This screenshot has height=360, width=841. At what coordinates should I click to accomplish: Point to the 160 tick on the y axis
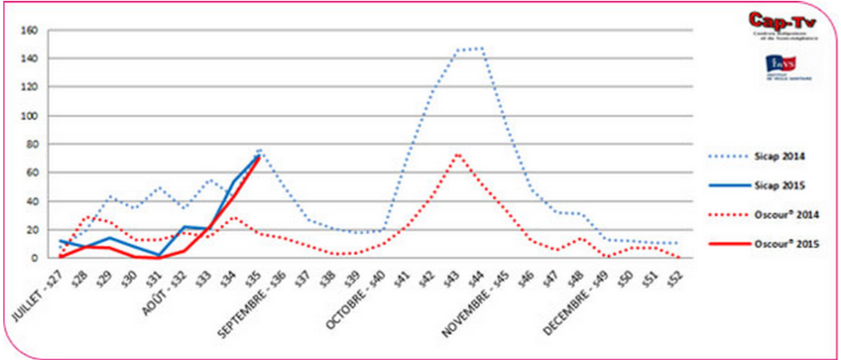(30, 31)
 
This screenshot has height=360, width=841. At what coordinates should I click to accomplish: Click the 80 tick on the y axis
(32, 145)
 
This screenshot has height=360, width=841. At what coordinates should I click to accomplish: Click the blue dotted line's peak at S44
(482, 48)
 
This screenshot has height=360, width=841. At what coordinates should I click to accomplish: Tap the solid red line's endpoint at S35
(260, 156)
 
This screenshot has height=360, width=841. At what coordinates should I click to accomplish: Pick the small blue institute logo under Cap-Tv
(780, 66)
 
